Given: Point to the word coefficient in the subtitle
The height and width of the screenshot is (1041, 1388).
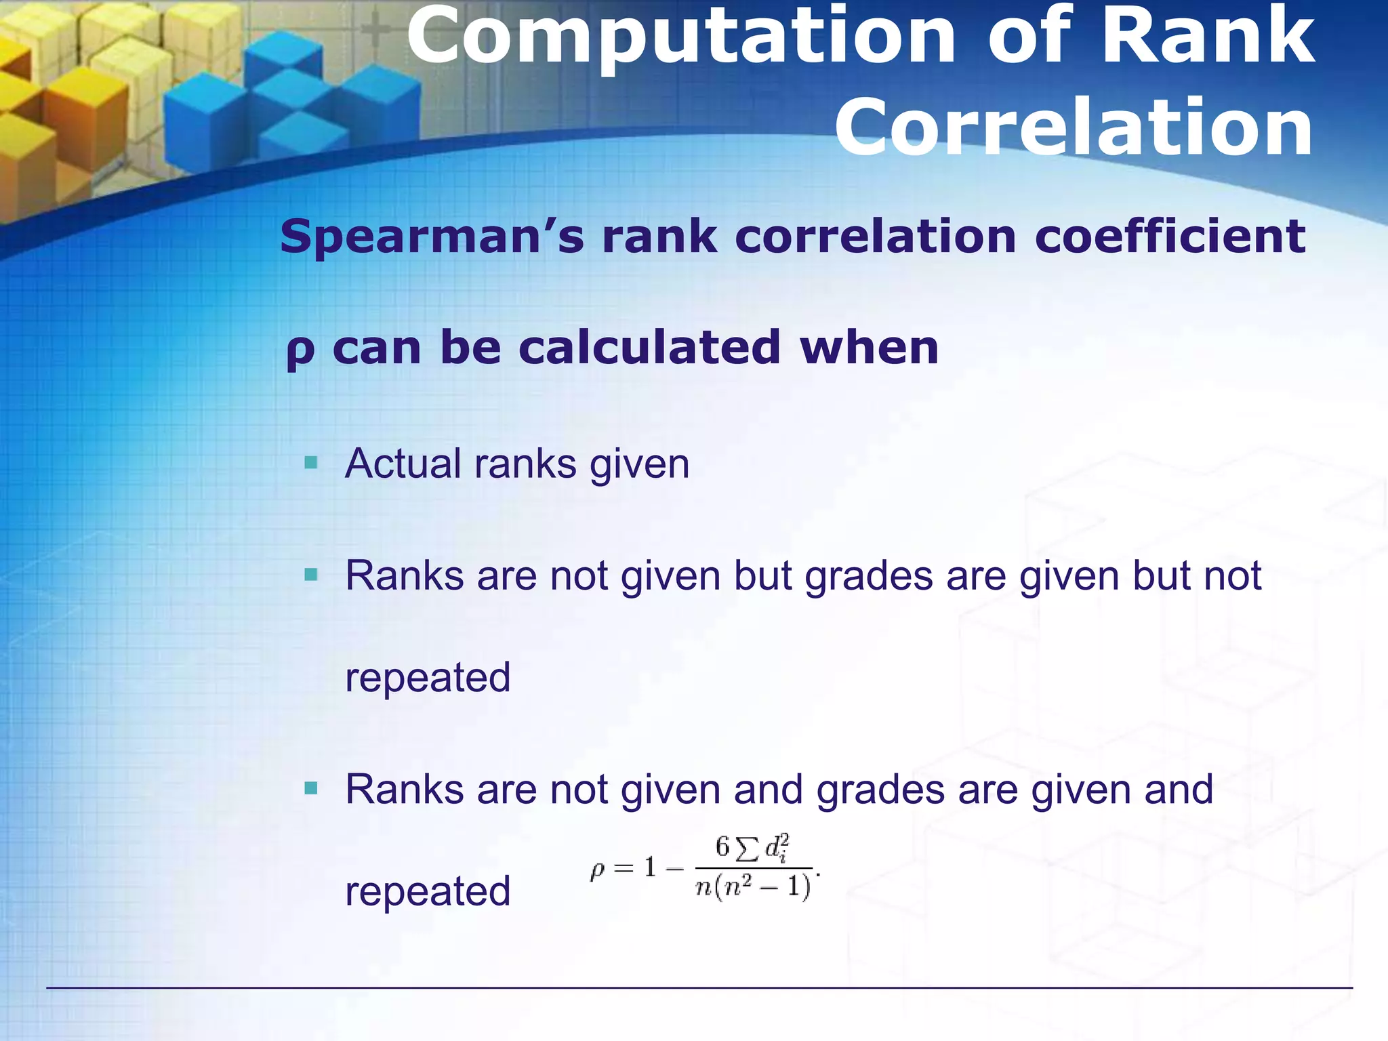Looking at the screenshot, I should pos(1170,237).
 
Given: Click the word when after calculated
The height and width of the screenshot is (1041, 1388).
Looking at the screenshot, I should pos(870,348).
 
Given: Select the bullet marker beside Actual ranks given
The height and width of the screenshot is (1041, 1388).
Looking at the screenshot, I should pos(311,464).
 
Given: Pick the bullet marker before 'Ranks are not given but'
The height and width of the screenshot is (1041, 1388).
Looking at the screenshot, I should pos(311,575).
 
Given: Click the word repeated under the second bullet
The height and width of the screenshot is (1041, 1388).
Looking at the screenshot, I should pos(428,678).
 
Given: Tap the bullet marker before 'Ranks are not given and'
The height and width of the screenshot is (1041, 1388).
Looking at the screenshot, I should pos(311,788).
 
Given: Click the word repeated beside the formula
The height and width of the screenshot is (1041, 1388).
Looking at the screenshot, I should pos(428,891).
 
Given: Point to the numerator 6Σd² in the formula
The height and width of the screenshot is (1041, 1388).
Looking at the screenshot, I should pos(752,849).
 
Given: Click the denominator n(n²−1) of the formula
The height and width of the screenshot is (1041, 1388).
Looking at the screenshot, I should pos(753,886).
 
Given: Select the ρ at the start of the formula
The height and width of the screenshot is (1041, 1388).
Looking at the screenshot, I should pos(597,870).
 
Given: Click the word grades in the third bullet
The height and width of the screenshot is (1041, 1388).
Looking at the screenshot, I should pos(880,791).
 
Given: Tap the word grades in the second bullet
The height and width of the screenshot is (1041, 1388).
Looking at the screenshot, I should pos(869,577).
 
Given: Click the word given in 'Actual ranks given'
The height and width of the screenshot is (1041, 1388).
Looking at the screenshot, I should pos(639,466).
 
